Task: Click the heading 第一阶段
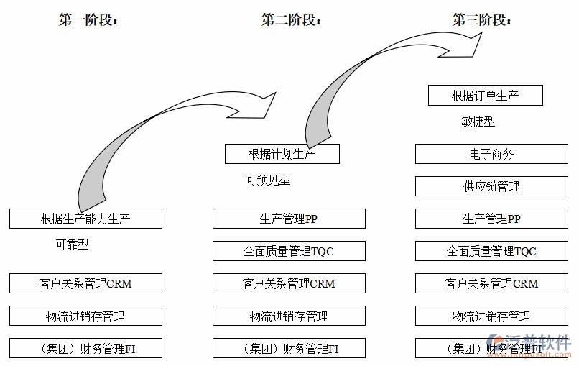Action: (88, 20)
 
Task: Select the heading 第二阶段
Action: (291, 20)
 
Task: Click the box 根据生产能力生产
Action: (85, 219)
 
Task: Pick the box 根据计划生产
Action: (282, 154)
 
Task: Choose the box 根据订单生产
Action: (485, 96)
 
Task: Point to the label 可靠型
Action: (72, 244)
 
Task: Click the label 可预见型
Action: (268, 180)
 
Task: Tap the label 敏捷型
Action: (478, 122)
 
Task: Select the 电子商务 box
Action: (491, 154)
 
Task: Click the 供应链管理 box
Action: (491, 186)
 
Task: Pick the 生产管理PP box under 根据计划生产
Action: (288, 219)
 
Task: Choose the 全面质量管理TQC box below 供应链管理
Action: (491, 251)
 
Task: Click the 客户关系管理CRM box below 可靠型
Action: (85, 283)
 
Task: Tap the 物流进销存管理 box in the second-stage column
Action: (288, 316)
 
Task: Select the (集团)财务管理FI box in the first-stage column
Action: (85, 349)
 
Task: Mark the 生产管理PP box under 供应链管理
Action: (491, 219)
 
